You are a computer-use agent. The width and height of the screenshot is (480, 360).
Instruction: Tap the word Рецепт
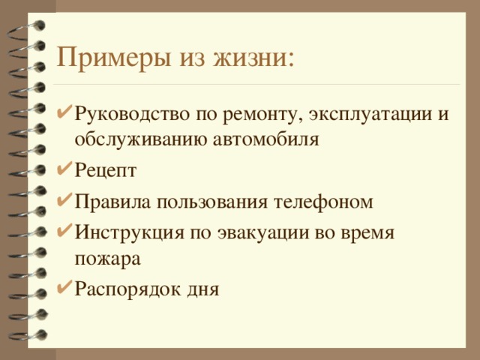coord(105,170)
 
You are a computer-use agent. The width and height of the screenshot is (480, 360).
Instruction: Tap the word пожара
coord(107,258)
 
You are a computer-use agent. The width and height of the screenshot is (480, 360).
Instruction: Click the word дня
coord(199,289)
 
